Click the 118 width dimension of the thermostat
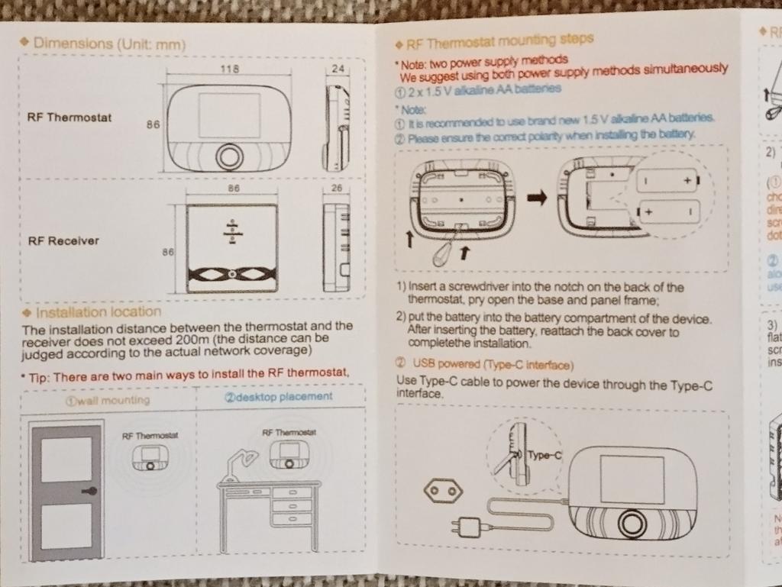click(x=229, y=69)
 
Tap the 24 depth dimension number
click(x=338, y=69)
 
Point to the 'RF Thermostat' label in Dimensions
click(x=69, y=118)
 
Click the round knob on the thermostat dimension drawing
click(x=228, y=155)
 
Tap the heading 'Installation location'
click(x=99, y=311)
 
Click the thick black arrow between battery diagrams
click(x=538, y=198)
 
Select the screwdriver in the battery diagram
click(x=444, y=256)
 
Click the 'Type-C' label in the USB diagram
click(x=544, y=456)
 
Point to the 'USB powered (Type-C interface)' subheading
click(x=493, y=365)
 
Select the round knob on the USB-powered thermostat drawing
click(x=632, y=524)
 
